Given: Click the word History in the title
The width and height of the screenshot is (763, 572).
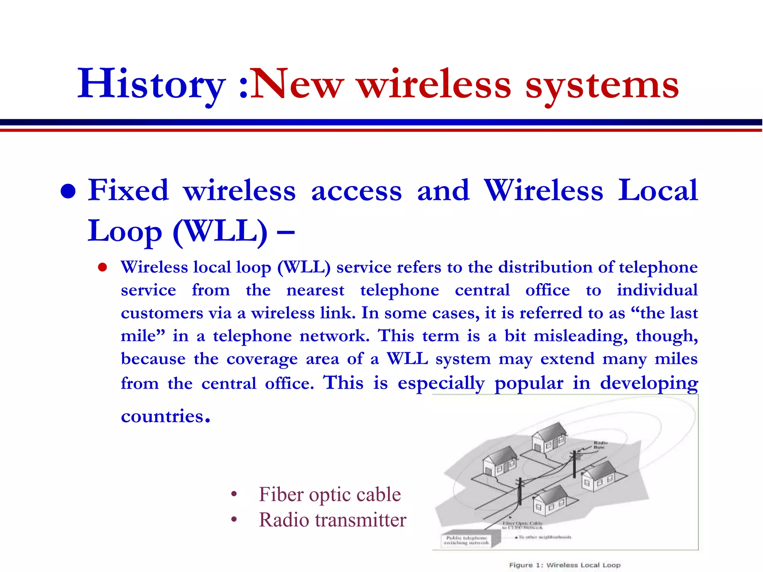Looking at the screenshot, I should pyautogui.click(x=151, y=85).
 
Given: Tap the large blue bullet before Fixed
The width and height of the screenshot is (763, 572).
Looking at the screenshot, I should pyautogui.click(x=68, y=192).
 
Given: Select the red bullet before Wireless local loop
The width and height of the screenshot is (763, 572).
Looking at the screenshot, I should pyautogui.click(x=102, y=267).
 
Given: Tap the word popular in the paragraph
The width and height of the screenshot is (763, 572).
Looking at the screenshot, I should pyautogui.click(x=529, y=384).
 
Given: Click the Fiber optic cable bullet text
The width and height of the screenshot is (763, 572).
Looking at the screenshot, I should pyautogui.click(x=330, y=495).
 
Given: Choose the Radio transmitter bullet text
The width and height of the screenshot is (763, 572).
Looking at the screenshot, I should pyautogui.click(x=332, y=520).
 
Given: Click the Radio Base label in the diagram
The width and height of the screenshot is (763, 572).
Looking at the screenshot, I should pyautogui.click(x=600, y=445).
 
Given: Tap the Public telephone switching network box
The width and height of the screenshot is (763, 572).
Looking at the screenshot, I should pyautogui.click(x=467, y=540).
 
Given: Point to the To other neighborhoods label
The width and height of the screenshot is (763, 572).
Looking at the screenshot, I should pyautogui.click(x=545, y=537).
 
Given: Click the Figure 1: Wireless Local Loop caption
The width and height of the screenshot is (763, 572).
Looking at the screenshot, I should pyautogui.click(x=564, y=565).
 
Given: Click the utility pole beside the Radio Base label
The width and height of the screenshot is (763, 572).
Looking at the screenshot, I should pyautogui.click(x=574, y=464).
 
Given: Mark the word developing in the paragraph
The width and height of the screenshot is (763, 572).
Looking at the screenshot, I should pyautogui.click(x=649, y=384).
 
